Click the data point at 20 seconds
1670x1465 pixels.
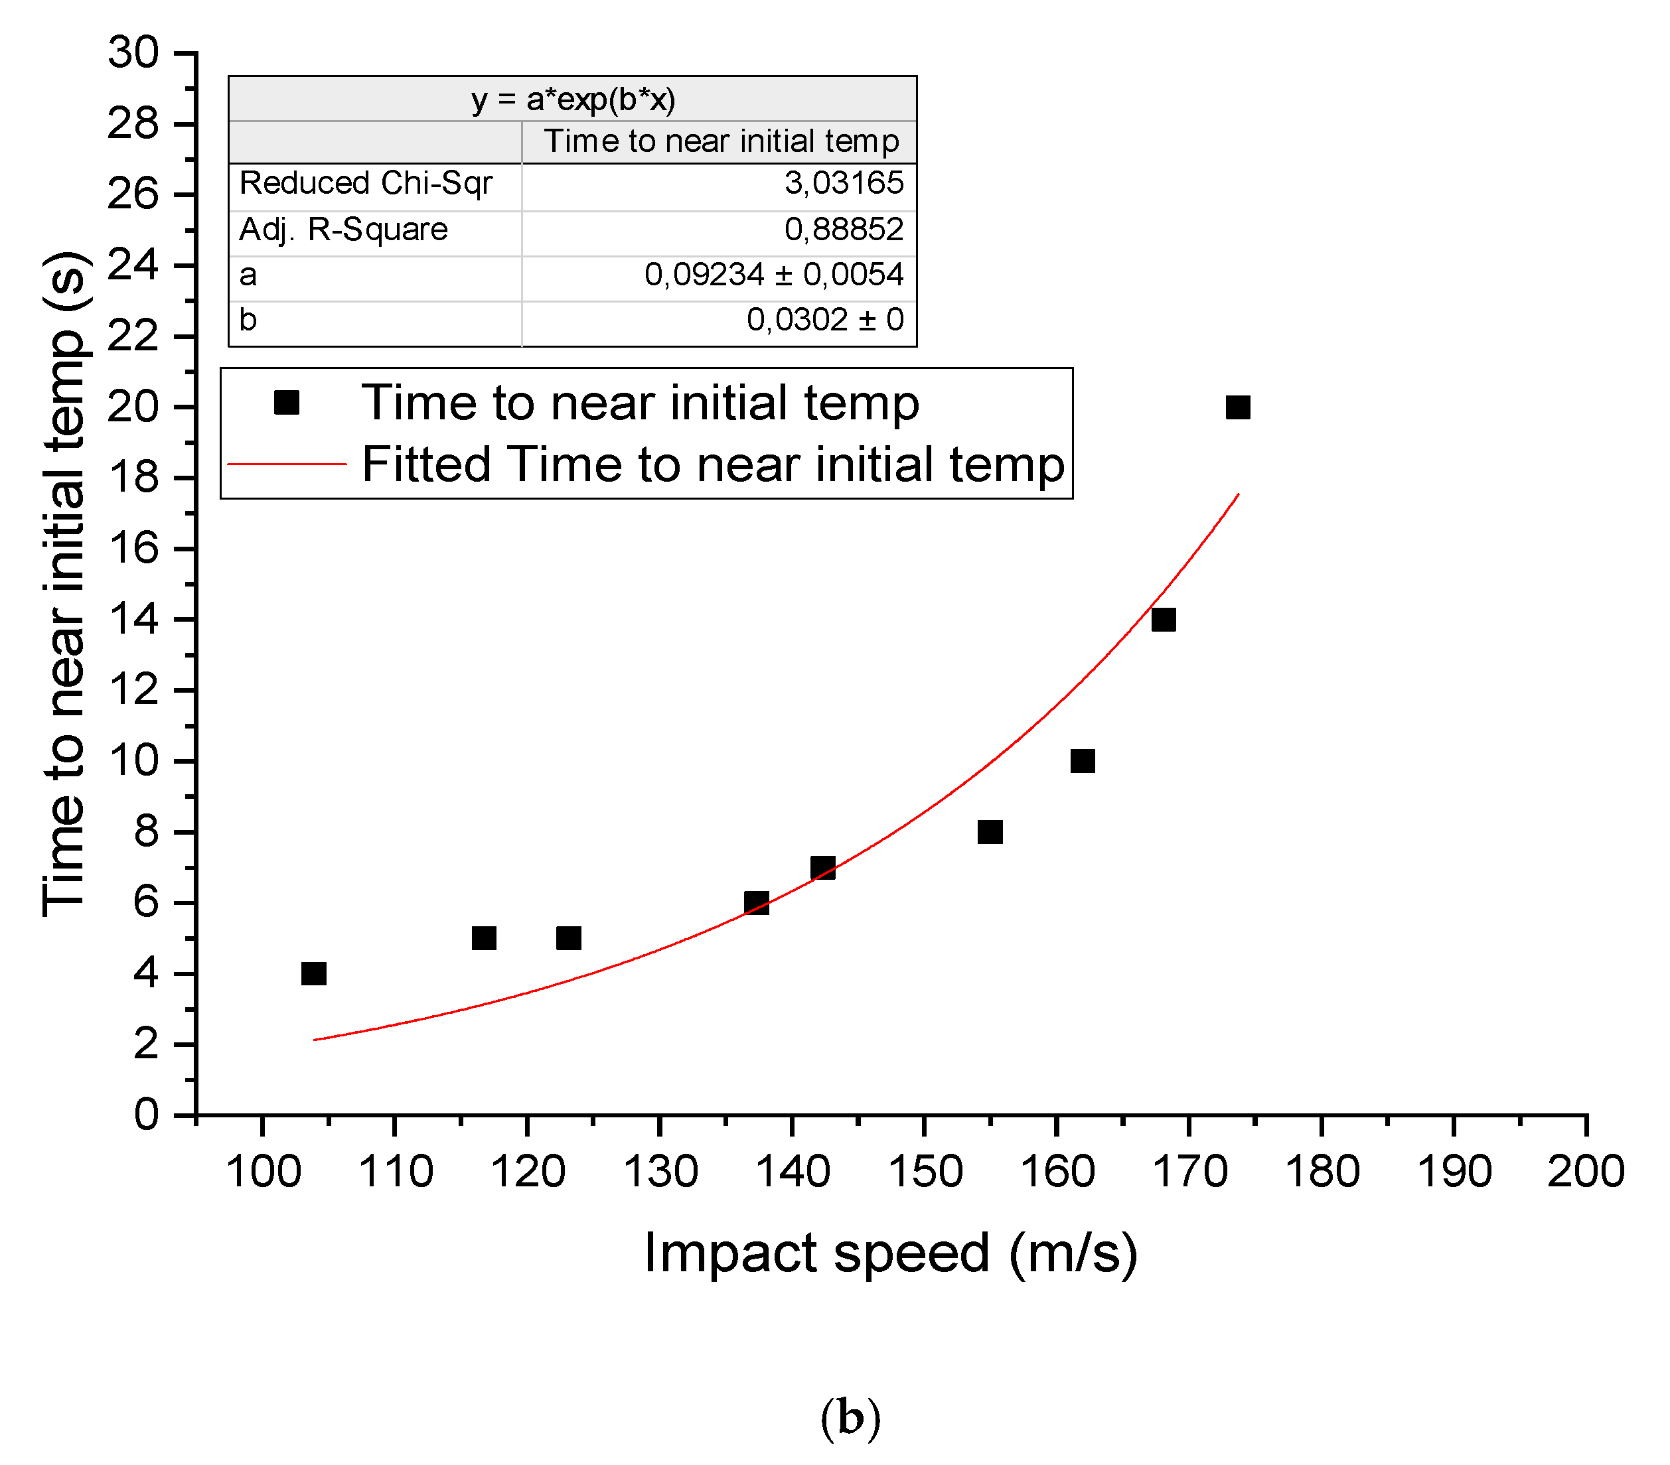1237,407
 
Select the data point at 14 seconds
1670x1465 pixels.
1163,619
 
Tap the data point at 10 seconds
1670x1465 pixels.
1082,760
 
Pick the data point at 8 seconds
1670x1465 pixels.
990,831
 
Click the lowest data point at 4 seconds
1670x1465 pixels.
314,973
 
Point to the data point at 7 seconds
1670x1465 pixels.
823,867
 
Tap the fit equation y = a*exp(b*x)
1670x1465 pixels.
573,100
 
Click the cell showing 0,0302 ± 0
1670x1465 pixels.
824,320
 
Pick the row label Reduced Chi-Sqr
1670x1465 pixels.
365,183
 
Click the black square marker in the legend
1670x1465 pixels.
287,402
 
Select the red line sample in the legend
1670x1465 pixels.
287,464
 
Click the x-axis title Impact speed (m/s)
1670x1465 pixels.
891,1253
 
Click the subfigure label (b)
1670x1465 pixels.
850,1418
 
